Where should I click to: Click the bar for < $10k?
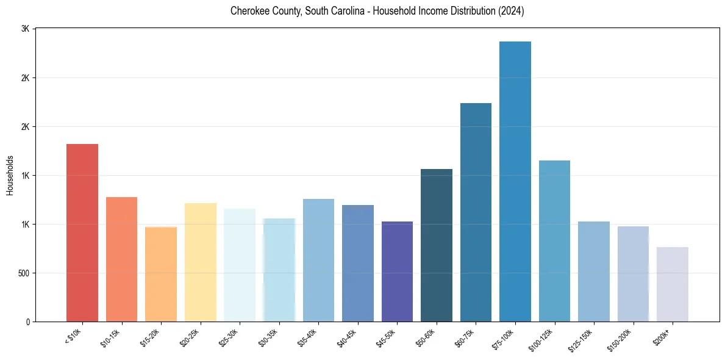tap(82, 232)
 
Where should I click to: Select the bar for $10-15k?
tap(121, 259)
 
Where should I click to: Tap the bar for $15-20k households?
tap(161, 274)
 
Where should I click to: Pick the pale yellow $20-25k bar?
tap(201, 262)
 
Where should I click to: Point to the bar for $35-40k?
tap(318, 260)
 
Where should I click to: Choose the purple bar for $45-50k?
tap(397, 272)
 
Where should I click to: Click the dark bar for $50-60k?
tap(437, 245)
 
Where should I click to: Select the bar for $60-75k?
tap(476, 212)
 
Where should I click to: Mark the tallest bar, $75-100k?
tap(515, 181)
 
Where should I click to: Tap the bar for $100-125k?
tap(554, 241)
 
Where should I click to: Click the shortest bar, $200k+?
tap(673, 284)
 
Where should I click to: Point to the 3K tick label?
tap(26, 29)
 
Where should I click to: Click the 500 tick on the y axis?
tap(23, 273)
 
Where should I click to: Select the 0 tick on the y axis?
tap(27, 322)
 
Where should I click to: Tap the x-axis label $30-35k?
tap(268, 338)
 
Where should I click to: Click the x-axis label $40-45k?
tap(346, 338)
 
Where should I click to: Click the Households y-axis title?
tap(10, 175)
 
